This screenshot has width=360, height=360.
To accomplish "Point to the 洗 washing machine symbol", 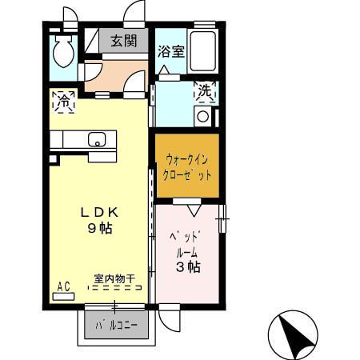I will click(206, 92).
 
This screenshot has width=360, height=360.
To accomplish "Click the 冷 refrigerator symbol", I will click(63, 102).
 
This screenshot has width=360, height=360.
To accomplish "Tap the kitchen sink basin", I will click(97, 140).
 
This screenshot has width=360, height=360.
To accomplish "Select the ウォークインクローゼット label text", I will click(186, 165).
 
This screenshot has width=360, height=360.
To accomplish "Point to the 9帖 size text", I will click(100, 228).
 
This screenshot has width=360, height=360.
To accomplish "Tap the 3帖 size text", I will click(188, 267).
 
